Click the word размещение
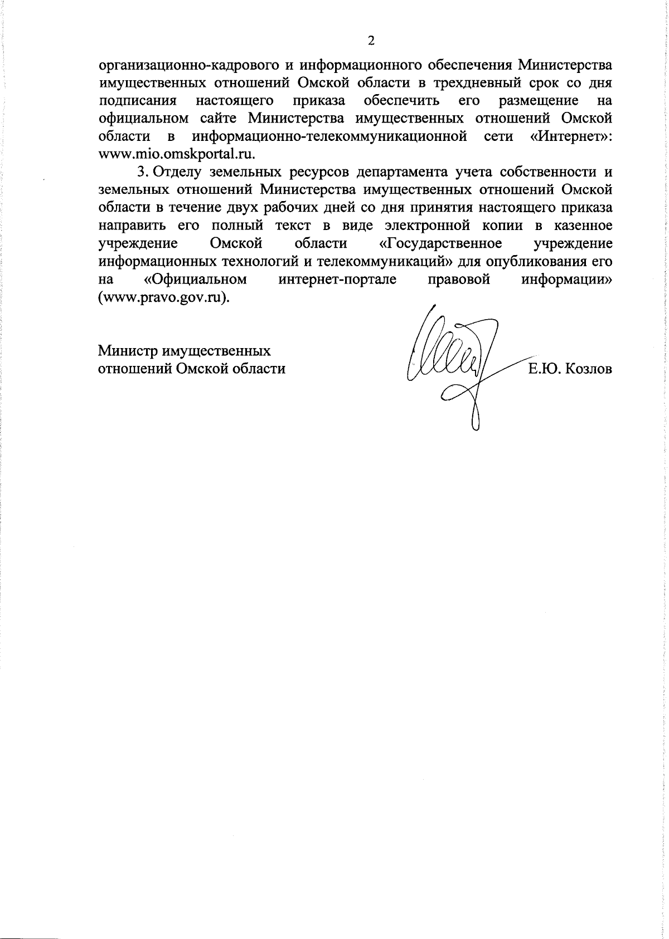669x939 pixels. click(539, 101)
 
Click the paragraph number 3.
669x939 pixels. click(142, 172)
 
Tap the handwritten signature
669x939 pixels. click(457, 362)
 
